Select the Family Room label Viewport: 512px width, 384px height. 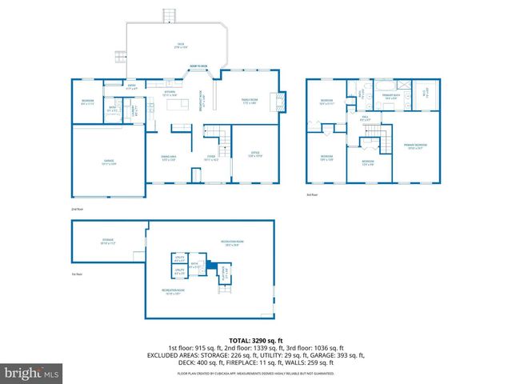(x=249, y=101)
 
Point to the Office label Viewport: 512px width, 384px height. (x=255, y=154)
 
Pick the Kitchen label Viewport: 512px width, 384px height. (x=170, y=94)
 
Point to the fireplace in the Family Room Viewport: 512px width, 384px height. (x=278, y=102)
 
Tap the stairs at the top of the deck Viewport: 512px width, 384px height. (x=169, y=16)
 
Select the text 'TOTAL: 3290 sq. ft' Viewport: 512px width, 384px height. (x=256, y=340)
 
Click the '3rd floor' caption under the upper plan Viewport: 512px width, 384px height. (x=312, y=194)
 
